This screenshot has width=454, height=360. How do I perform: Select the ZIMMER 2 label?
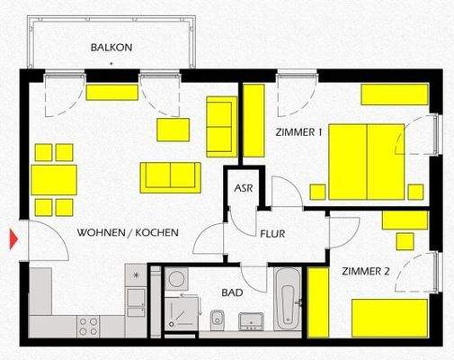365,271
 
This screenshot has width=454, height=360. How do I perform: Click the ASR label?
243,189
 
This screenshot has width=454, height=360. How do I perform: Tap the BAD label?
233,292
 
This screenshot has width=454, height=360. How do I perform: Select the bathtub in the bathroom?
287,297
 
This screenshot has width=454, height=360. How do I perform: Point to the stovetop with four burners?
89,325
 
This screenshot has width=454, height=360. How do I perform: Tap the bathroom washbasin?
249,319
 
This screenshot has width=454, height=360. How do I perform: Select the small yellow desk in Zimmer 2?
405,220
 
